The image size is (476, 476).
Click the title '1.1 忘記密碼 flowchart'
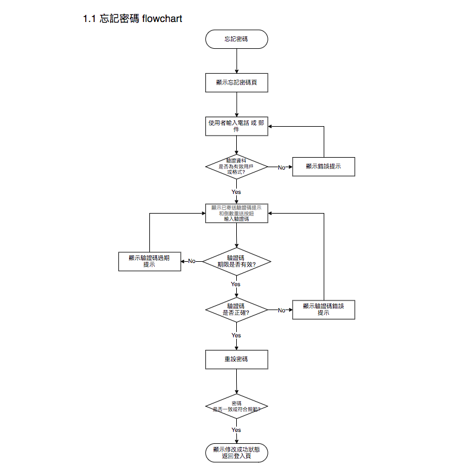(x=132, y=19)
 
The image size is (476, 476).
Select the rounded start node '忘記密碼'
(x=236, y=39)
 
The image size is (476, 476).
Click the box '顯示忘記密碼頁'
(x=236, y=83)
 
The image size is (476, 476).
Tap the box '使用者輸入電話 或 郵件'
(x=236, y=126)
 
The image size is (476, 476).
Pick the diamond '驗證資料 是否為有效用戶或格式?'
(x=236, y=167)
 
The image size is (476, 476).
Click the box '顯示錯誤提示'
(x=324, y=167)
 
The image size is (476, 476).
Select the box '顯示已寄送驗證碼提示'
(x=236, y=213)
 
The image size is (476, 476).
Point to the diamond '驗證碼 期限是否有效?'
(x=236, y=261)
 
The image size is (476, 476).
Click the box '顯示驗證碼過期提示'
(x=149, y=261)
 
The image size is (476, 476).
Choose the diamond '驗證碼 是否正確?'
(x=236, y=309)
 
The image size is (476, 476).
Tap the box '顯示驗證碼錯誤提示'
(x=324, y=309)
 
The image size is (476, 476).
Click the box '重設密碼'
(x=236, y=359)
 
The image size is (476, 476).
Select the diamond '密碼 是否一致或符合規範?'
(x=236, y=407)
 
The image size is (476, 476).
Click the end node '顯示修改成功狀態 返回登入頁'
(x=236, y=453)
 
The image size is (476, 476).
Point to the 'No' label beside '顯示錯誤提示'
(x=281, y=167)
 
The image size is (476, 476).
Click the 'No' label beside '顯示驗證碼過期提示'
(x=192, y=261)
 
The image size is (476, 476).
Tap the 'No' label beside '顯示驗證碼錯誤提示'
(x=281, y=310)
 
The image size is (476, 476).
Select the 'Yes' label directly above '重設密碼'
(x=236, y=336)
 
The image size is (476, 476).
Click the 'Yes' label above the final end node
(x=236, y=430)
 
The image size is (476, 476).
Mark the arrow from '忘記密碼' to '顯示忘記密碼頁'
(x=236, y=61)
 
